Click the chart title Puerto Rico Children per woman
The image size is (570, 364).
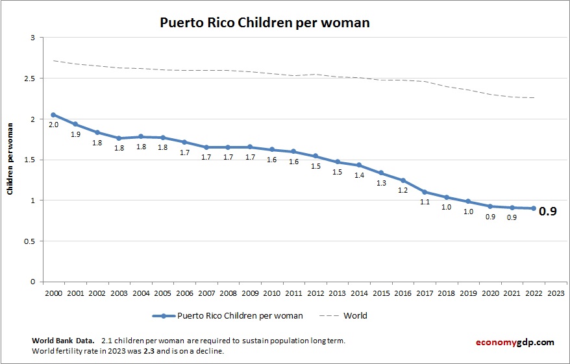point(265,23)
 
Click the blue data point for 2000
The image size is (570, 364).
point(53,115)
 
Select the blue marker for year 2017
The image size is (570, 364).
point(425,192)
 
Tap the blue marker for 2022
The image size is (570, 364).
point(534,208)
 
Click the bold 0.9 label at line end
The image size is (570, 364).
point(548,211)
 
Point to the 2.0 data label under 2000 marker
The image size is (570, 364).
point(53,124)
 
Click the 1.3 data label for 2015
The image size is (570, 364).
point(381,183)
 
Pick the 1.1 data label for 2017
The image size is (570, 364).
point(425,202)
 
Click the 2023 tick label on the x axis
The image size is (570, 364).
point(556,293)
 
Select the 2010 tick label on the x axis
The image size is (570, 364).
point(272,293)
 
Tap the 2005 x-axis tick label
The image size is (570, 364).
point(162,293)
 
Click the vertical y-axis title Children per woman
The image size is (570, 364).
point(10,160)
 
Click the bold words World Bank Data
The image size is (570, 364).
point(62,341)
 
